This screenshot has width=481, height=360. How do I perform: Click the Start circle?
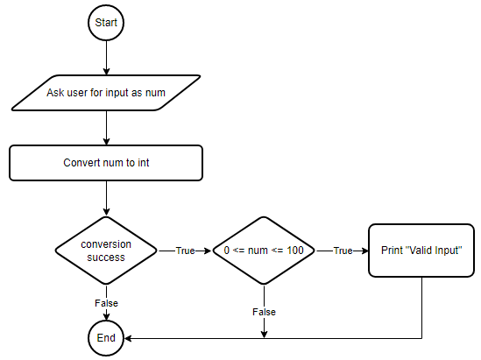tap(106, 23)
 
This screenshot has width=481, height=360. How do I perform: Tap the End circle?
tap(106, 338)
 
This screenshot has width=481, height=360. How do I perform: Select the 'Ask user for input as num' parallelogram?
tap(106, 93)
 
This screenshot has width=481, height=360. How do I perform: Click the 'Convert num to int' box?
tap(106, 163)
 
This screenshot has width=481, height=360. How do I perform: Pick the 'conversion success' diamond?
tap(106, 251)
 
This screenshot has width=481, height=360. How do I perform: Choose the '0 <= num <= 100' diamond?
tap(264, 251)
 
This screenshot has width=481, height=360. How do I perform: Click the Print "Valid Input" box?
tap(421, 251)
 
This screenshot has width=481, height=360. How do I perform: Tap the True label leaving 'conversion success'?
tap(185, 251)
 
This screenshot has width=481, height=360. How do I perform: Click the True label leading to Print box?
tap(343, 251)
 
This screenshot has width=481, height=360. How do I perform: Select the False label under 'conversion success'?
tap(106, 303)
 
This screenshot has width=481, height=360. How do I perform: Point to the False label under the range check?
tap(264, 312)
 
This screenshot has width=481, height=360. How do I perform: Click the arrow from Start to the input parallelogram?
tap(106, 58)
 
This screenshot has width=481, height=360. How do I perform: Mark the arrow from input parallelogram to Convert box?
tap(106, 128)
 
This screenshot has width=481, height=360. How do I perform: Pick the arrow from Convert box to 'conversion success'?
tap(106, 198)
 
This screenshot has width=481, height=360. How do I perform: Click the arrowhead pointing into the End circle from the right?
tap(128, 338)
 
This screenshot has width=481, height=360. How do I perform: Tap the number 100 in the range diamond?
tap(295, 251)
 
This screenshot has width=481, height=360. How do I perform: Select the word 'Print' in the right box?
tap(392, 251)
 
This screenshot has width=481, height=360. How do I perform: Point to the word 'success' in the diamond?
tap(106, 258)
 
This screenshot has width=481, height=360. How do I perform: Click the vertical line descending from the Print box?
tap(421, 307)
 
